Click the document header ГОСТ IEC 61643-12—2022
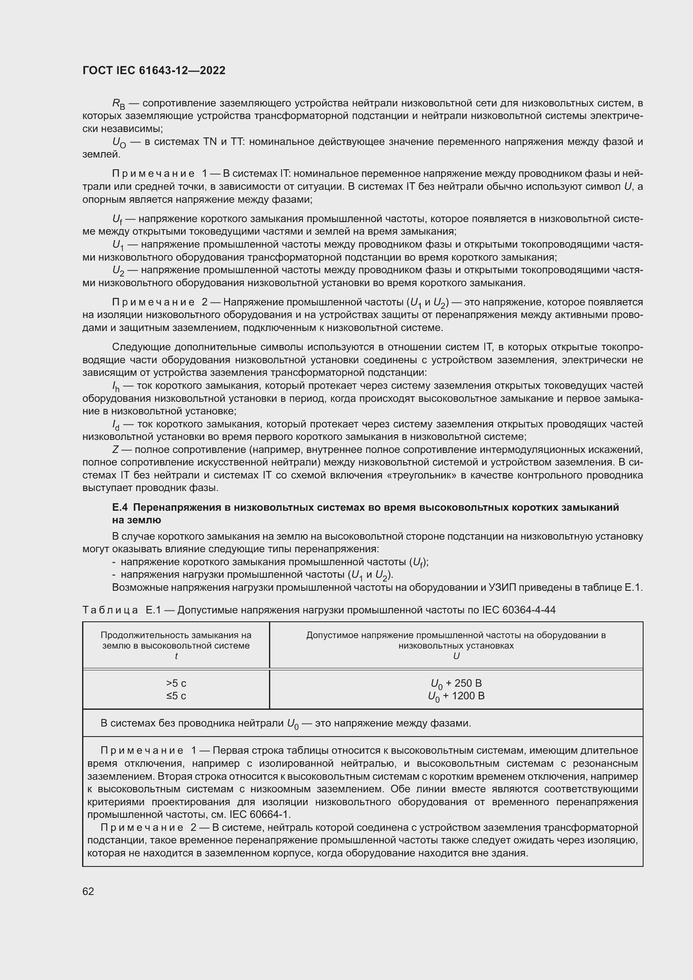(154, 70)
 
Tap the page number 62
(88, 891)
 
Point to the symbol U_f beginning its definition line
(117, 220)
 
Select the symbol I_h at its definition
(116, 386)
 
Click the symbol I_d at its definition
(116, 425)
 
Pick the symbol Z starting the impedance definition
(115, 450)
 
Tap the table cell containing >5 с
(176, 683)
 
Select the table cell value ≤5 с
(176, 696)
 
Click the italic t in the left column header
(176, 657)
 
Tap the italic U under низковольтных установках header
(456, 657)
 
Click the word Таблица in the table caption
(110, 610)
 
